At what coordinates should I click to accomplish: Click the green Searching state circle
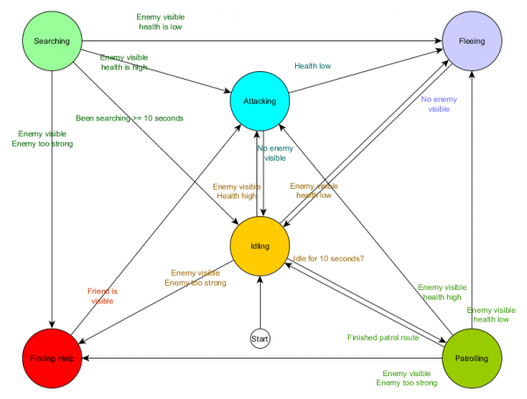click(x=52, y=41)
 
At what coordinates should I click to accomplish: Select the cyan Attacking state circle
click(x=259, y=101)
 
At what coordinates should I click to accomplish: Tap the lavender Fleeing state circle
click(x=473, y=41)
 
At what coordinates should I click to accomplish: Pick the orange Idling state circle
click(x=260, y=246)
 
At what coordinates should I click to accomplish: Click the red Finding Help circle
click(x=52, y=359)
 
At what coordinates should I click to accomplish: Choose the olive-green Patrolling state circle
click(x=473, y=359)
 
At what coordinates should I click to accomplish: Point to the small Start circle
click(x=260, y=337)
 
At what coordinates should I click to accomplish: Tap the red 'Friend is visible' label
click(x=102, y=295)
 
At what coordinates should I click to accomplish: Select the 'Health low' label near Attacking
click(x=314, y=64)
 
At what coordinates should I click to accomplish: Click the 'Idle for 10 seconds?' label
click(x=328, y=257)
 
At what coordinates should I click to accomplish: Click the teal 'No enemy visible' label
click(x=275, y=153)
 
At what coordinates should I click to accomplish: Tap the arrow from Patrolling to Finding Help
click(x=263, y=359)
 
